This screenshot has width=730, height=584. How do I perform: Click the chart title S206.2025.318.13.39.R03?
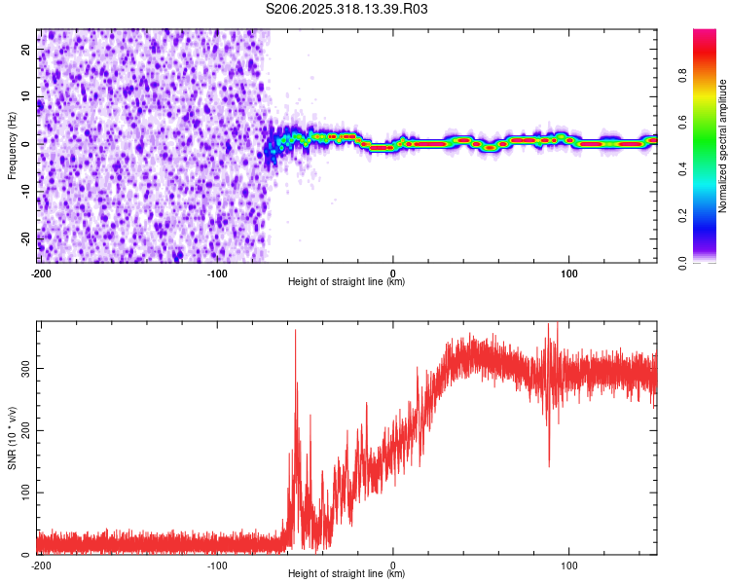pos(347,9)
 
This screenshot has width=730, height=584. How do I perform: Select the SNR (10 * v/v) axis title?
pos(12,437)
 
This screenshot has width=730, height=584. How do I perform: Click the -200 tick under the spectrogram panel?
pos(41,272)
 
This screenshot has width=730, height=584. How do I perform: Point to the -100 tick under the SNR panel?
pos(217,565)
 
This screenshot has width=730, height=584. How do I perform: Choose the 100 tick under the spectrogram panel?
pos(568,272)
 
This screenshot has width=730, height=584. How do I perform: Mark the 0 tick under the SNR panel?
pos(393,565)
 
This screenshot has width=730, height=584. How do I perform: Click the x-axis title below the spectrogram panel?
pos(347,282)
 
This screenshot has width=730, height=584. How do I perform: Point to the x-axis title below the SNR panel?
pos(347,574)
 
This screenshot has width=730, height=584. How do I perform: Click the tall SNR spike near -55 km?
pos(296,333)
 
